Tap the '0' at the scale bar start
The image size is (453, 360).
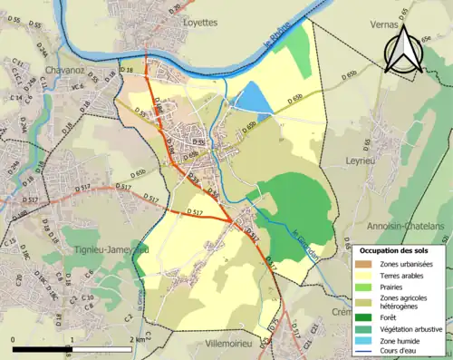pyautogui.click(x=14, y=338)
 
